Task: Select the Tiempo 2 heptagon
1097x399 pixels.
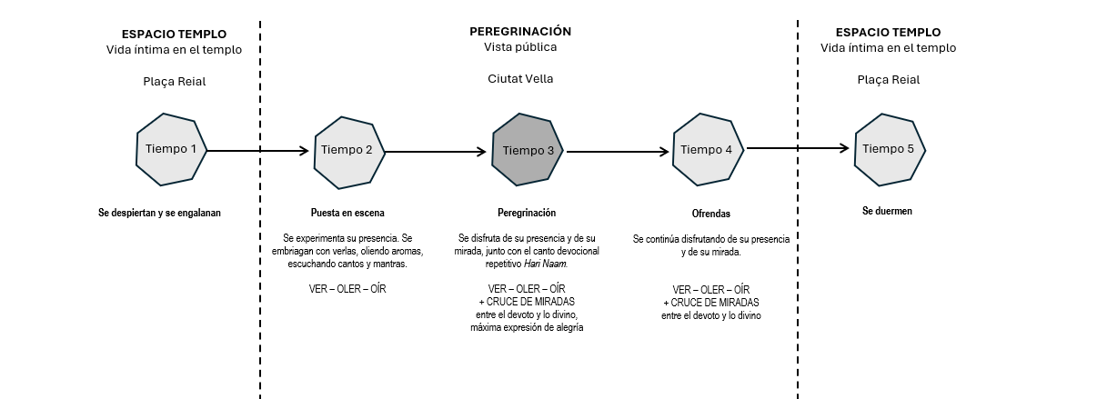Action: (x=349, y=151)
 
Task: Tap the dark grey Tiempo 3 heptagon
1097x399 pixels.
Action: (x=528, y=151)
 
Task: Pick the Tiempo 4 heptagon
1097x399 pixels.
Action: (x=708, y=150)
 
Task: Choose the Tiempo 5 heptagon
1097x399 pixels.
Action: (x=889, y=149)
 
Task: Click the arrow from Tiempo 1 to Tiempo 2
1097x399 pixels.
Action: (x=259, y=151)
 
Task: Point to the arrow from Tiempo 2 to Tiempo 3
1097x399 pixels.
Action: (x=437, y=152)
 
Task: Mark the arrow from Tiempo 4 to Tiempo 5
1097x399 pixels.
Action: (x=798, y=148)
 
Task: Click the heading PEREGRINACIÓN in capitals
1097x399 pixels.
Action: (x=520, y=31)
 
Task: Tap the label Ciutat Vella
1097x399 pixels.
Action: (x=520, y=79)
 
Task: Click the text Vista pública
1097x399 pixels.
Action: (x=520, y=47)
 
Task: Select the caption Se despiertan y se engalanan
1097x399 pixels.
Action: (x=160, y=213)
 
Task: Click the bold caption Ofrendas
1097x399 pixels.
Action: (x=710, y=214)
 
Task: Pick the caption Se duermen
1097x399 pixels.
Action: (x=887, y=211)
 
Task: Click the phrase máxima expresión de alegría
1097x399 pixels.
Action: (x=527, y=328)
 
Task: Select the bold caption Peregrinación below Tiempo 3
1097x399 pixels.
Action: (x=527, y=214)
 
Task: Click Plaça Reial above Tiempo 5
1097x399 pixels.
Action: (x=889, y=79)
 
